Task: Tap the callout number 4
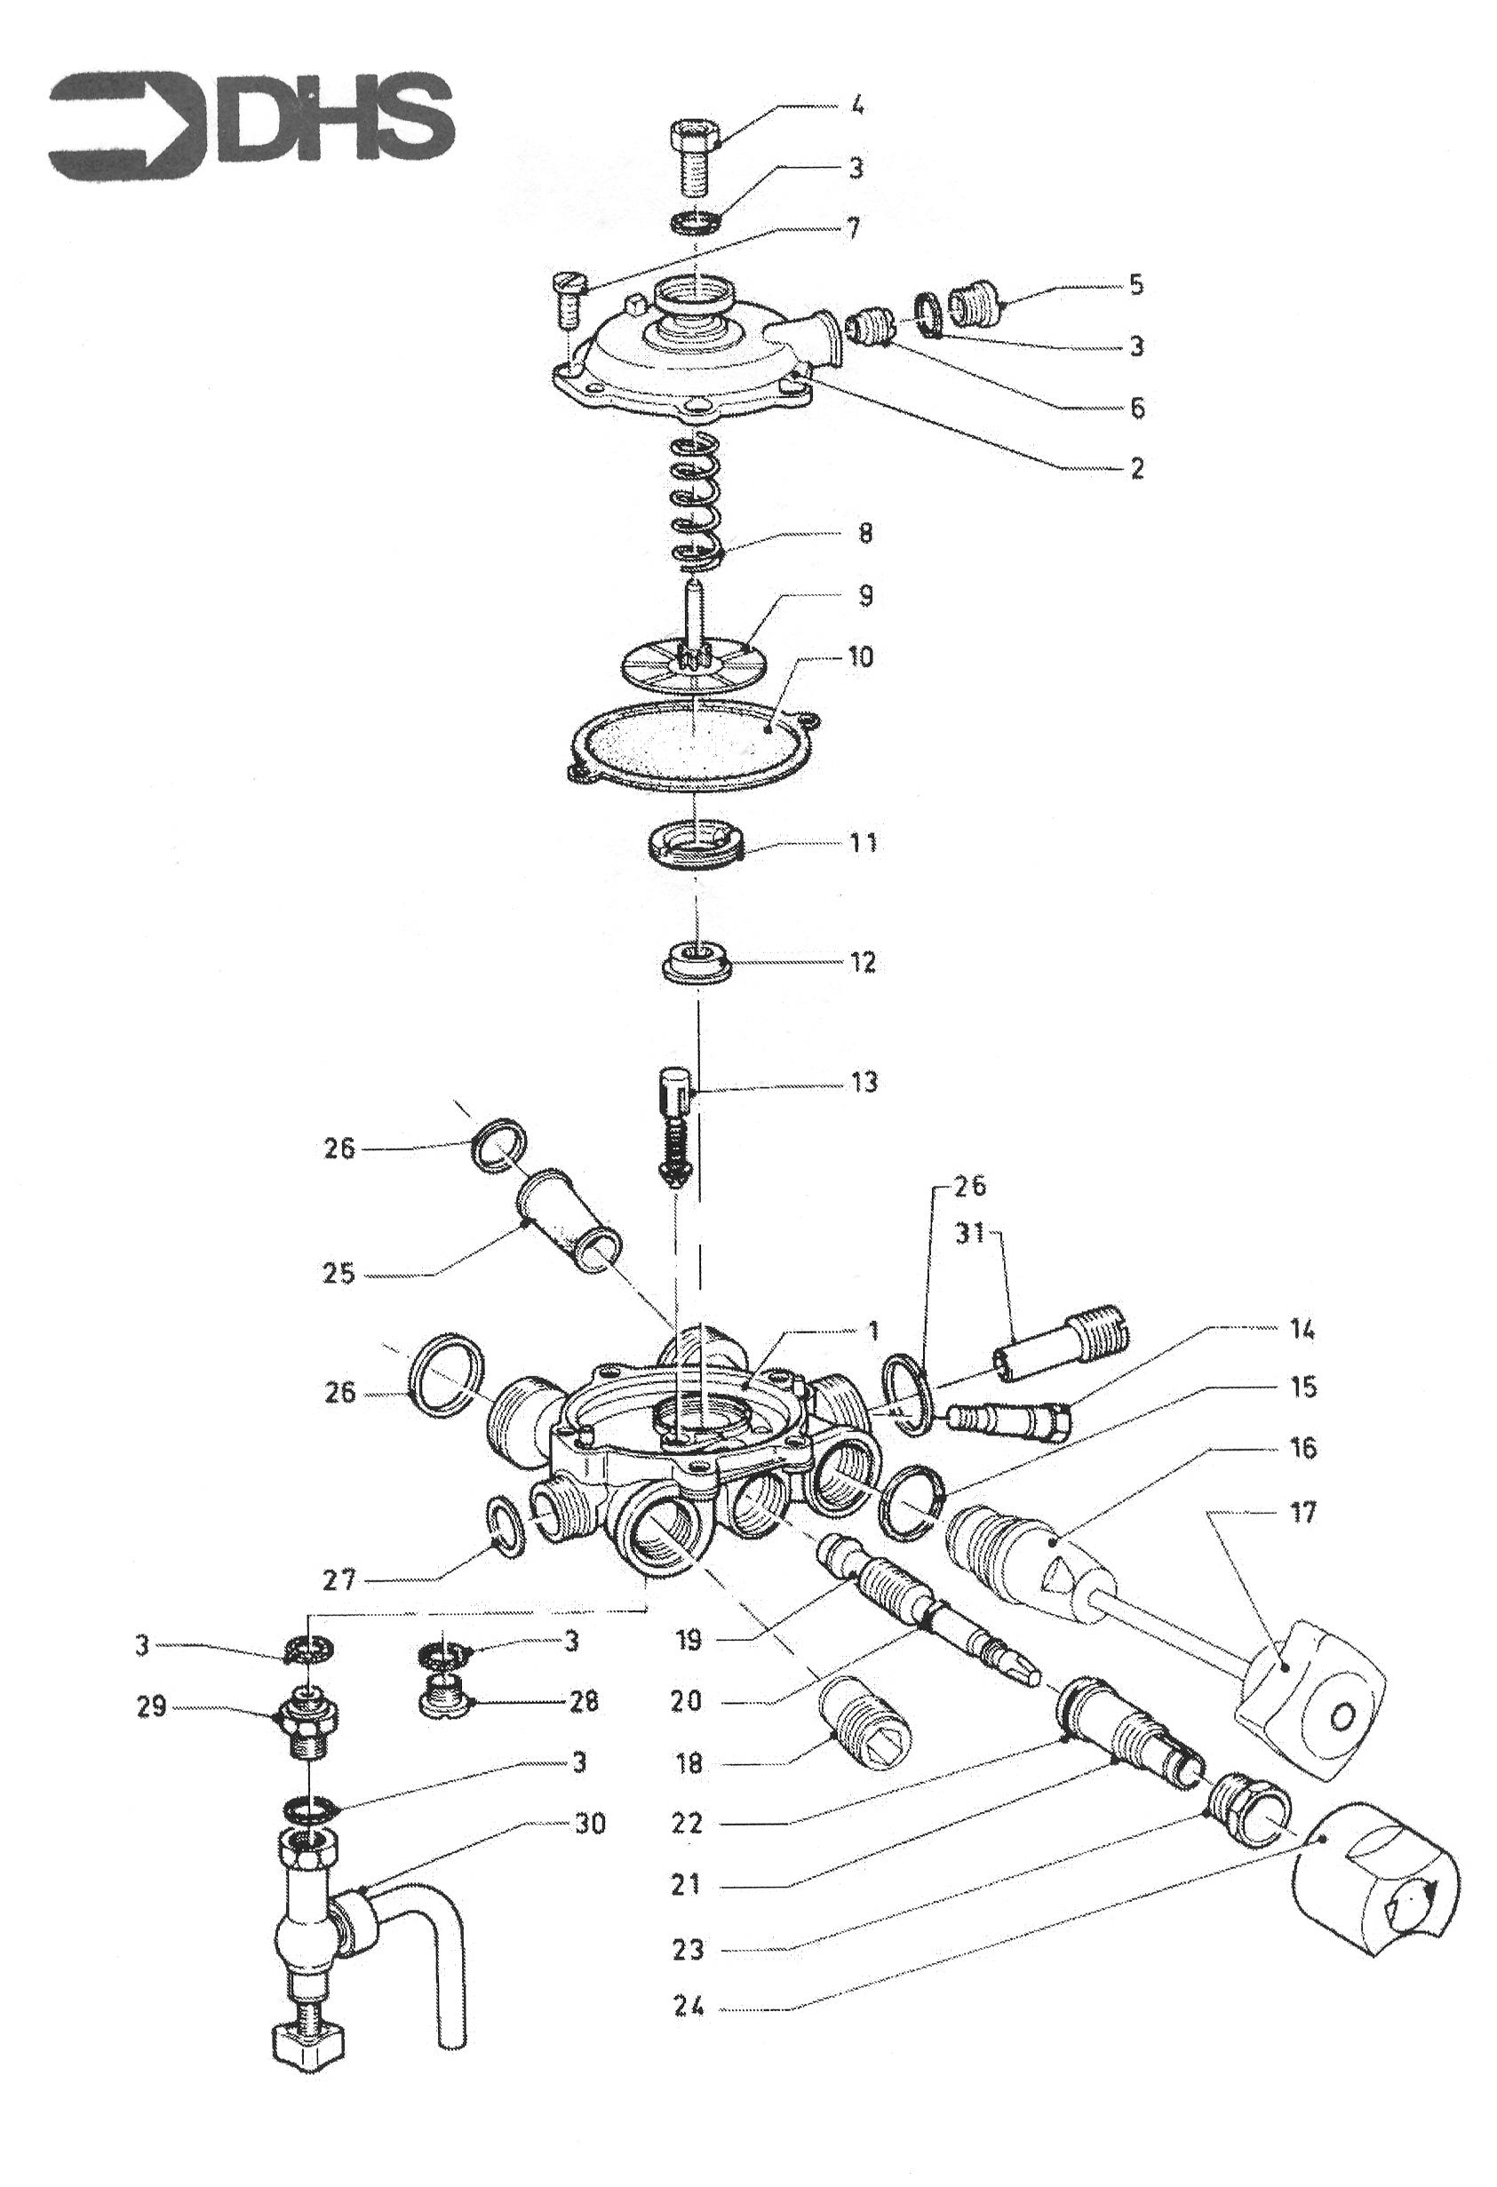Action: (x=856, y=106)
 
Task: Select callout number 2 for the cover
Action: (x=1136, y=468)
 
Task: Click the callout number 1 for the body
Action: (x=873, y=1331)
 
